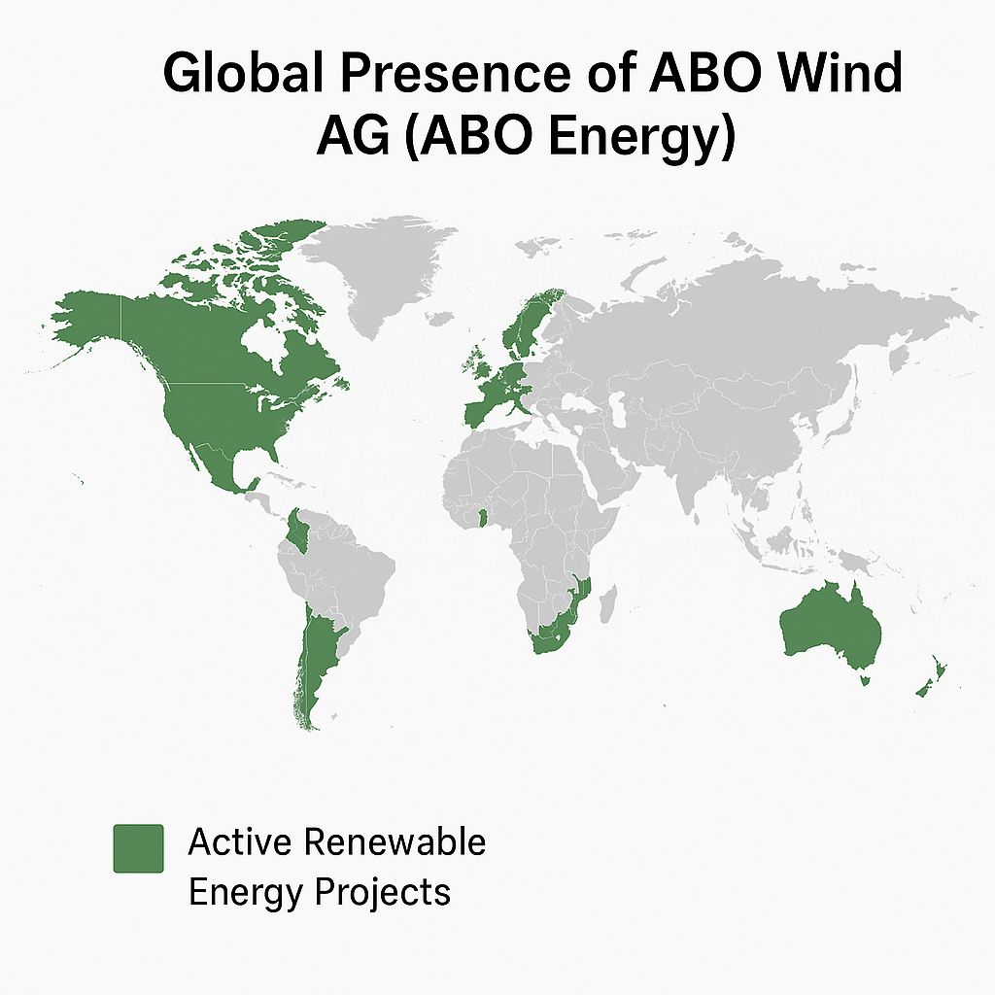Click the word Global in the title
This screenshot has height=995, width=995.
pyautogui.click(x=244, y=72)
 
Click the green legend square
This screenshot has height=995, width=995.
pyautogui.click(x=138, y=848)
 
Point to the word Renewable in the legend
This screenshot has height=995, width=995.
pyautogui.click(x=395, y=842)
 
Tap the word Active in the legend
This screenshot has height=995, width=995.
pyautogui.click(x=240, y=842)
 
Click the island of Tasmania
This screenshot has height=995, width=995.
pyautogui.click(x=863, y=681)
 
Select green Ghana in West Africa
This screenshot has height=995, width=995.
pyautogui.click(x=482, y=519)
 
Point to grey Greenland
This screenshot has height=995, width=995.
pyautogui.click(x=374, y=273)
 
